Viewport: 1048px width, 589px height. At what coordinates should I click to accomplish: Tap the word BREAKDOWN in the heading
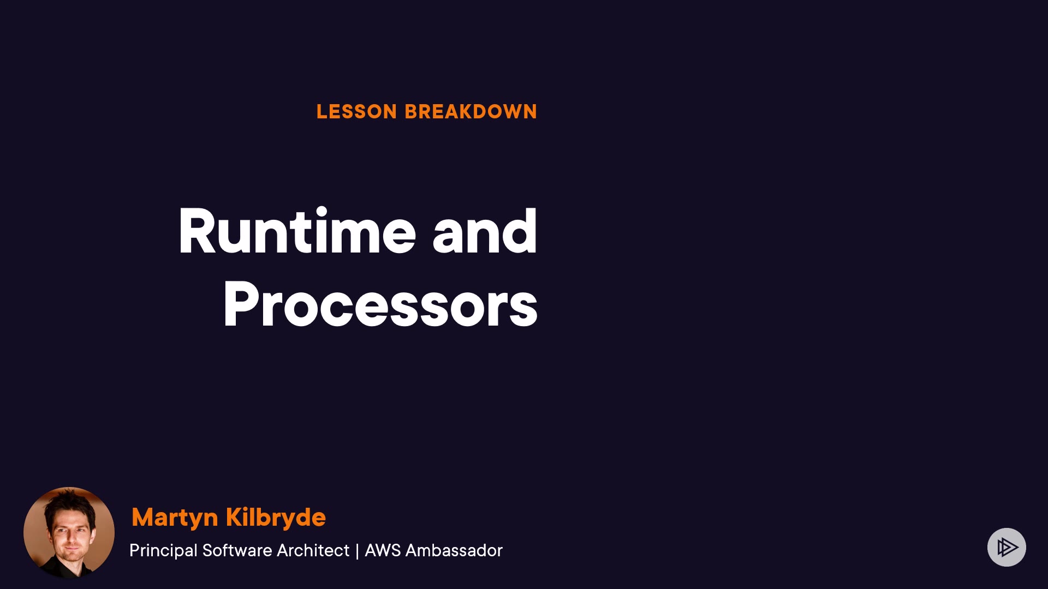click(x=471, y=112)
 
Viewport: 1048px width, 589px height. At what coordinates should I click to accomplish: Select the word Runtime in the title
click(x=297, y=231)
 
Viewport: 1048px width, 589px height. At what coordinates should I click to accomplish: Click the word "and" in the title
click(x=485, y=231)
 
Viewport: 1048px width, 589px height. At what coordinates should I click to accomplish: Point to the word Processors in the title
click(x=380, y=304)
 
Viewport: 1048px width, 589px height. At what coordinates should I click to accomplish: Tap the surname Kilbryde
click(x=276, y=516)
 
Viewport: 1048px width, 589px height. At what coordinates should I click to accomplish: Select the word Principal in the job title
click(x=163, y=551)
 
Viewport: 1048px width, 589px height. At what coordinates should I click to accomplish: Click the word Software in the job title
click(x=237, y=550)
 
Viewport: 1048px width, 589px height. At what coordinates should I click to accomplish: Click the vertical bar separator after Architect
click(x=357, y=551)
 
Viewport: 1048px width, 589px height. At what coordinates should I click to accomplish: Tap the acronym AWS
click(x=383, y=550)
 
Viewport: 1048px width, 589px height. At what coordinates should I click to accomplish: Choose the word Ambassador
click(x=454, y=550)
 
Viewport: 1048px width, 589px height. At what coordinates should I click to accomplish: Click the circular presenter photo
click(x=69, y=532)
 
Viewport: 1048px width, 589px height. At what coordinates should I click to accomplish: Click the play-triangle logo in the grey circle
click(x=1007, y=547)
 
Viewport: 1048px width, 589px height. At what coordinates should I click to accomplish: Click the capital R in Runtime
click(x=198, y=231)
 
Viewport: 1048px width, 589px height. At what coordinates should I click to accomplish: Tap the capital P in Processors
click(x=241, y=304)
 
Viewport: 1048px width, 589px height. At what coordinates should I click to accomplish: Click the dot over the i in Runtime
click(x=321, y=212)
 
